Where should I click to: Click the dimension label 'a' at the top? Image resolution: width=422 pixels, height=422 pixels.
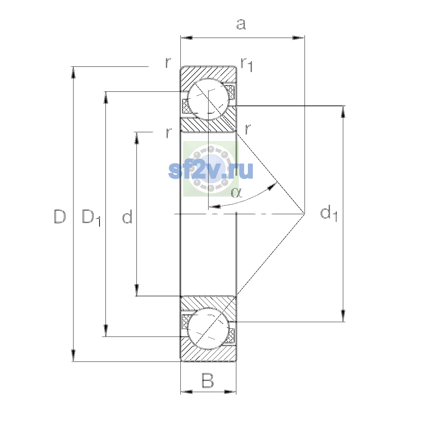click(241, 24)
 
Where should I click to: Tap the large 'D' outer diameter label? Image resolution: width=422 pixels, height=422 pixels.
click(60, 216)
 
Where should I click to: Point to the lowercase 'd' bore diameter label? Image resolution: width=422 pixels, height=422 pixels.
click(127, 216)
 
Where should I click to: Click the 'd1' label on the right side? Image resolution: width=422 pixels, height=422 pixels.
click(329, 213)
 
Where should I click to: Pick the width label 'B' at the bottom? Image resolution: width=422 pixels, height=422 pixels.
click(207, 381)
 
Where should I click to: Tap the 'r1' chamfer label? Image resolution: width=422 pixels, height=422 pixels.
click(247, 65)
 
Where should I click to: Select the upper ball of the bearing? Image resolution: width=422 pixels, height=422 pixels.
click(208, 99)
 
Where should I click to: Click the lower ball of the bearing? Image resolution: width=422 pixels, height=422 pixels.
click(208, 328)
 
